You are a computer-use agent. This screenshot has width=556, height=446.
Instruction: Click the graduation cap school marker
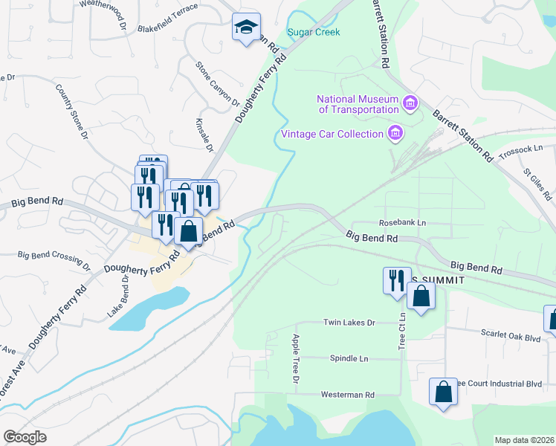(246, 28)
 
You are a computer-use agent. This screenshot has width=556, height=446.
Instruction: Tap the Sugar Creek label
(313, 32)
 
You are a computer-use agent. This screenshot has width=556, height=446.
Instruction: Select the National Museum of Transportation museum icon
(410, 102)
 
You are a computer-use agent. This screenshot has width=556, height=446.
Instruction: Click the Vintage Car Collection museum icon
(395, 134)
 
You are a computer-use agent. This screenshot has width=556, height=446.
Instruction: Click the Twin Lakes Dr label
(349, 323)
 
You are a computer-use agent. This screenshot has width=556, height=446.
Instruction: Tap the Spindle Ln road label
(349, 358)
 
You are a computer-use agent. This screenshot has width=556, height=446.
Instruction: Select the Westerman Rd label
(348, 394)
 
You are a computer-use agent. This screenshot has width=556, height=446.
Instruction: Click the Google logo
(25, 436)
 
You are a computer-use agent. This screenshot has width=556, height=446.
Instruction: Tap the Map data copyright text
(523, 440)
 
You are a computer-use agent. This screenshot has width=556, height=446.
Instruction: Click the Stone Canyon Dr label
(217, 84)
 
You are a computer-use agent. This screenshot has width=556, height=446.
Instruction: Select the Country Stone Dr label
(71, 111)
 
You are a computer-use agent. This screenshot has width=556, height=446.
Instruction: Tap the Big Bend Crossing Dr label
(54, 259)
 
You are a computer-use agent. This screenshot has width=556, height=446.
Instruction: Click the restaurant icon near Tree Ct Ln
(394, 279)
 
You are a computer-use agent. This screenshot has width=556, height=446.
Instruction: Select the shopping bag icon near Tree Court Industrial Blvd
(443, 392)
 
